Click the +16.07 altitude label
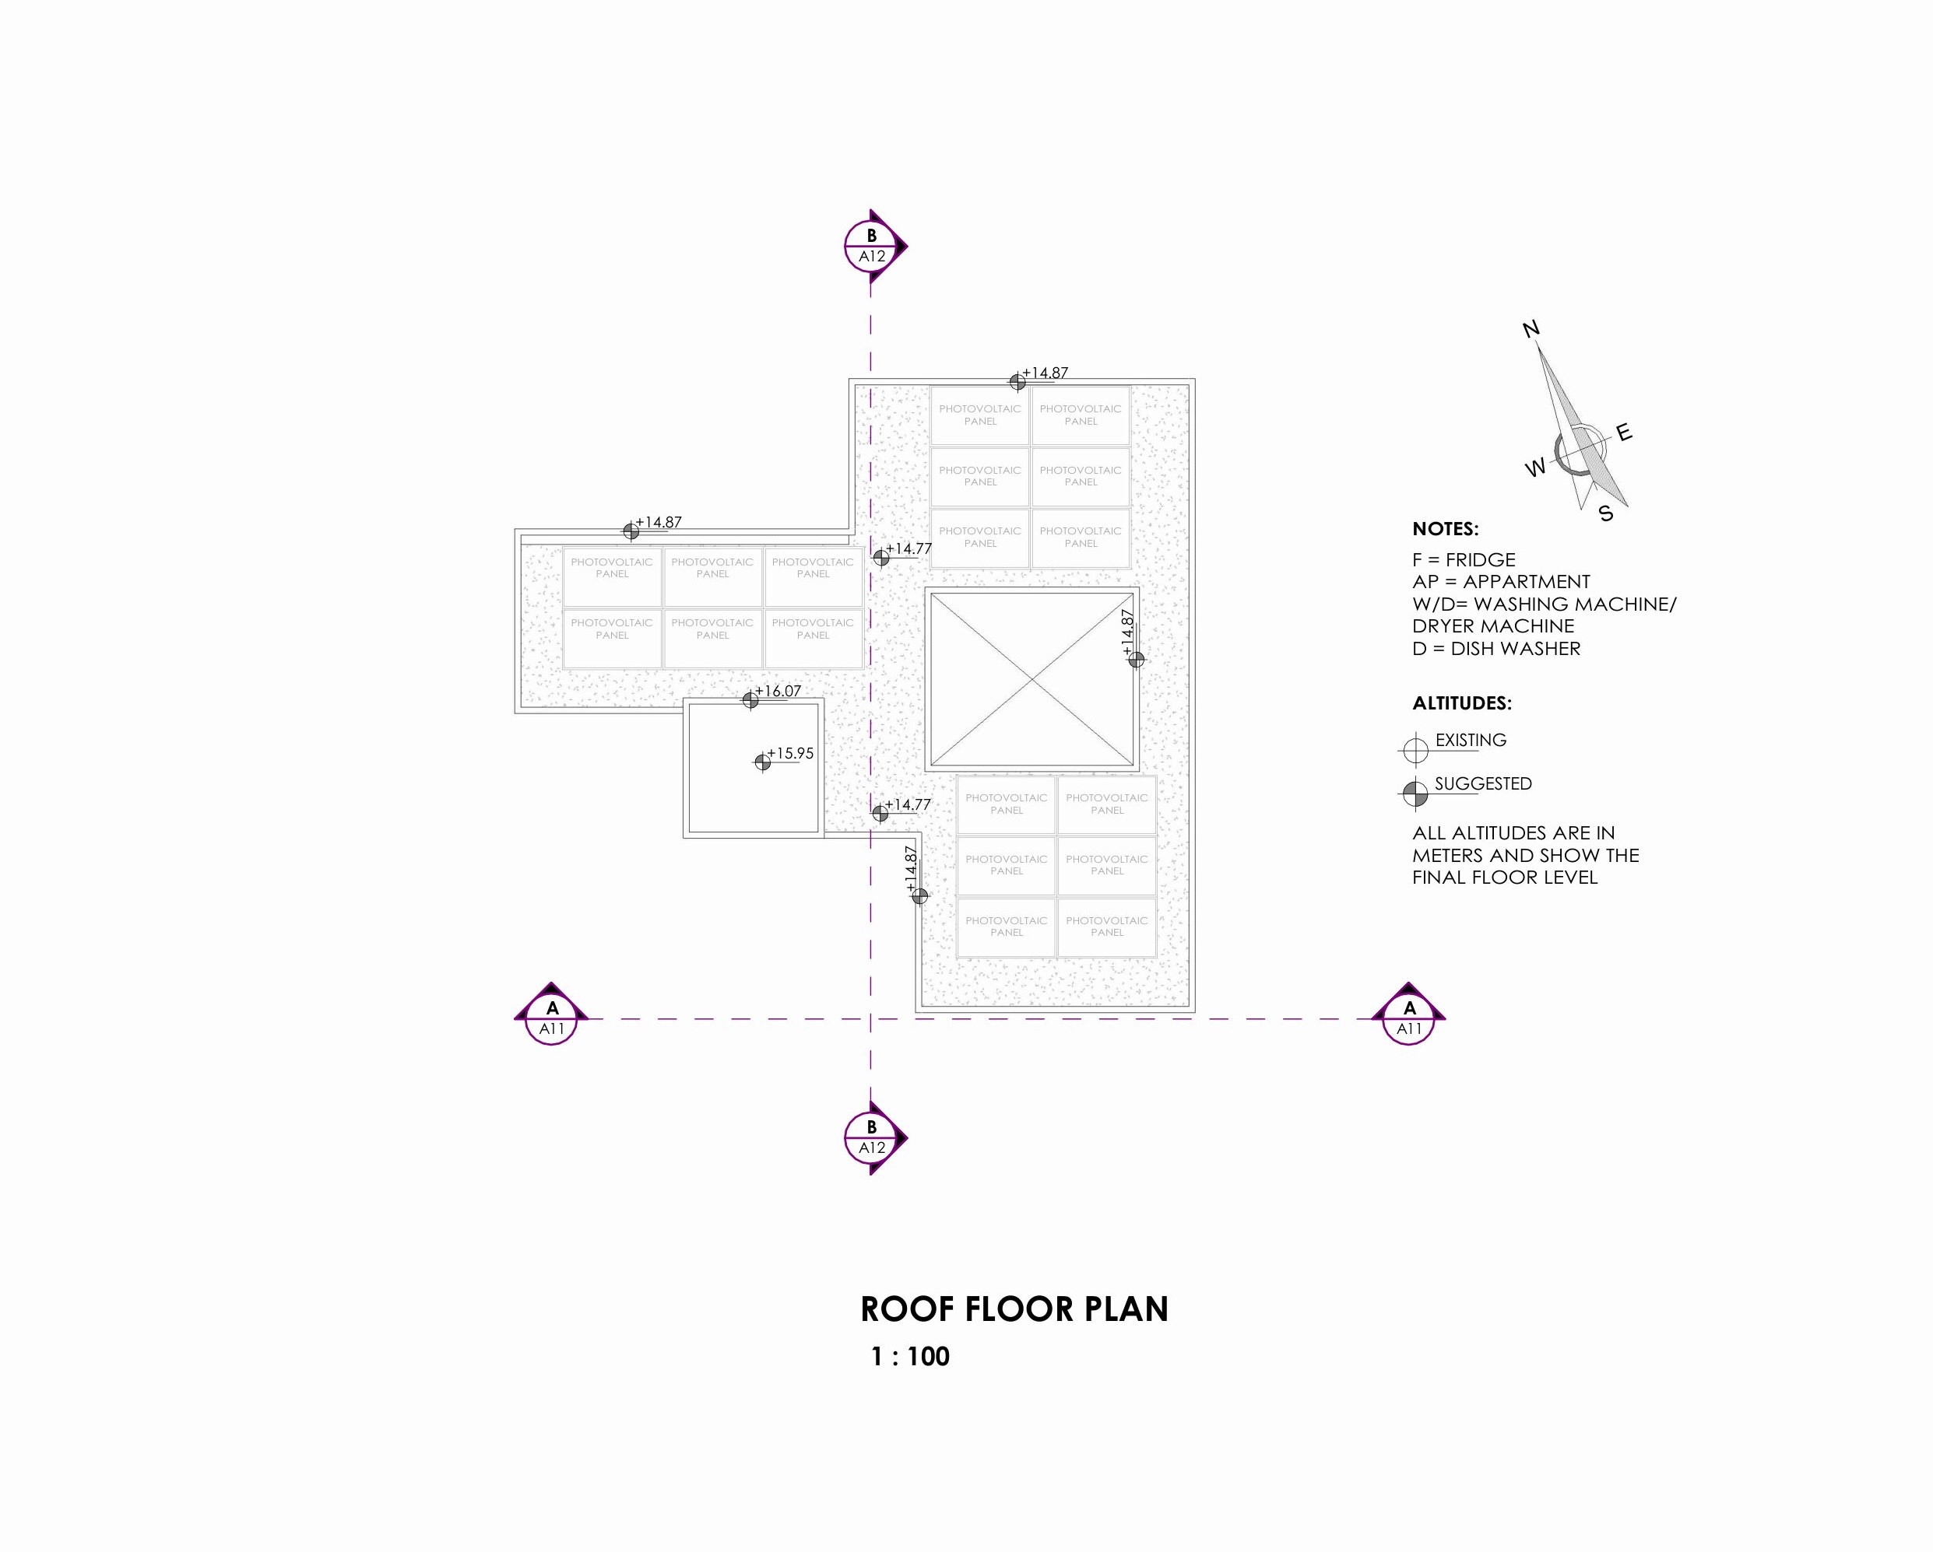point(778,691)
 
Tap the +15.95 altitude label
point(790,754)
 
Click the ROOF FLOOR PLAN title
point(1014,1309)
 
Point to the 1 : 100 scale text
point(910,1357)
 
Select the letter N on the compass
point(1531,329)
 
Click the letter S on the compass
point(1606,513)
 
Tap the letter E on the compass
point(1625,433)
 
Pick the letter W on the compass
point(1536,468)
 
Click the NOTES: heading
point(1445,529)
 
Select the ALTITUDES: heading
point(1461,703)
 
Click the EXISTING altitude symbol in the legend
point(1415,748)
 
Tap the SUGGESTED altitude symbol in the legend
point(1415,793)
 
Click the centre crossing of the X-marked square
point(1032,680)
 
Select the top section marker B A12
point(874,246)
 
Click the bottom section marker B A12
point(874,1138)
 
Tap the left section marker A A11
point(551,1017)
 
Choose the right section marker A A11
point(1408,1017)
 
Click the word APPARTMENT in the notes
point(1527,582)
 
